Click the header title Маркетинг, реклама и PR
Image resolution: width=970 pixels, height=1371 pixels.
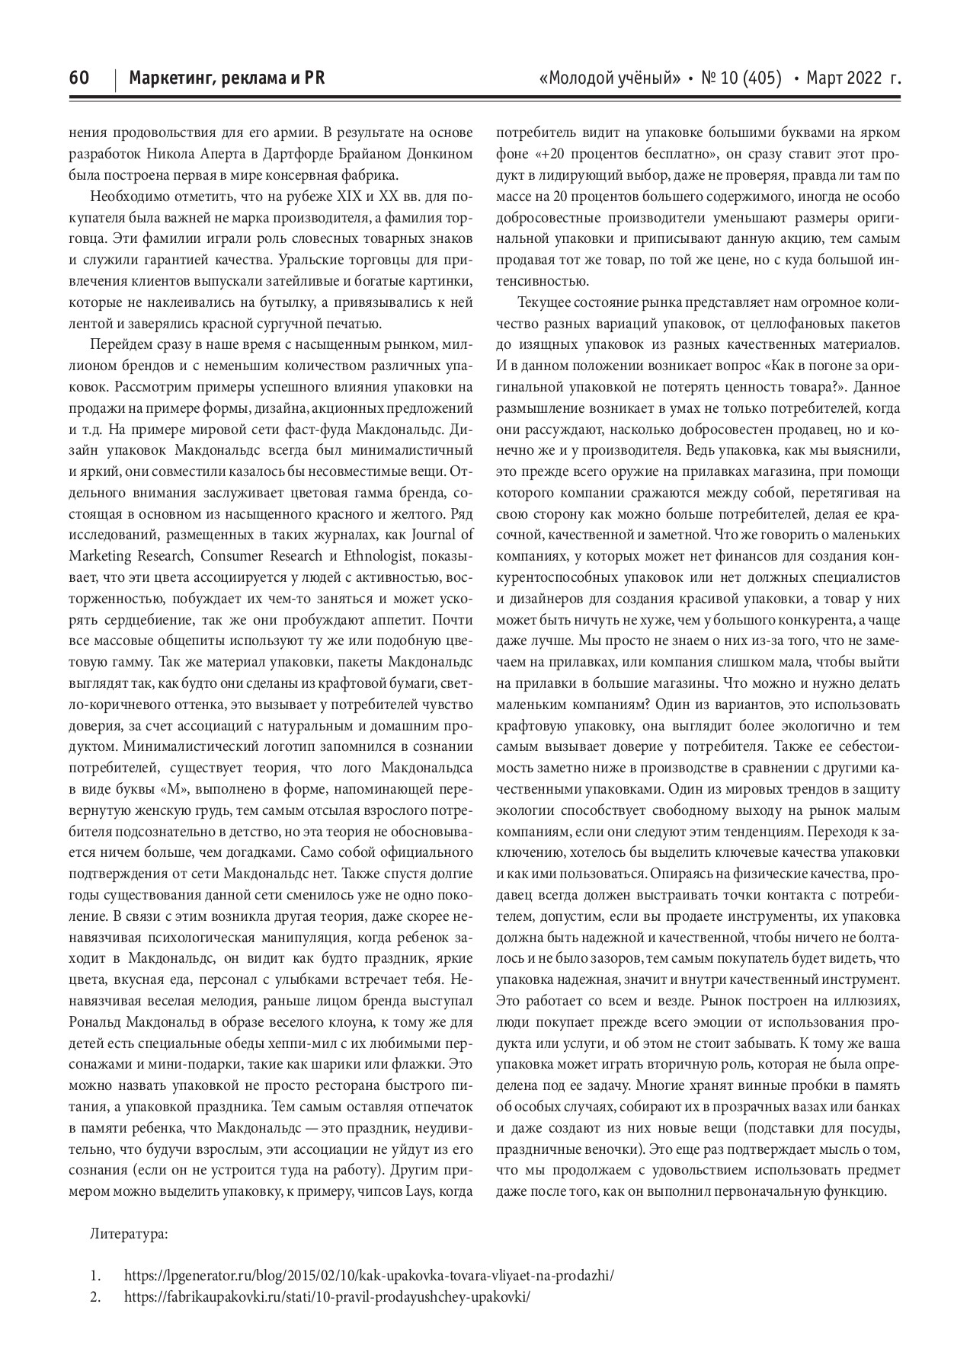point(227,78)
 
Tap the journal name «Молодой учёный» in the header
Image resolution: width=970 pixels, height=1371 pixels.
point(609,78)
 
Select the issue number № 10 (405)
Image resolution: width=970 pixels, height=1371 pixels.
point(741,78)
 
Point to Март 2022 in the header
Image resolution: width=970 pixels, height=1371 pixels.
point(844,78)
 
